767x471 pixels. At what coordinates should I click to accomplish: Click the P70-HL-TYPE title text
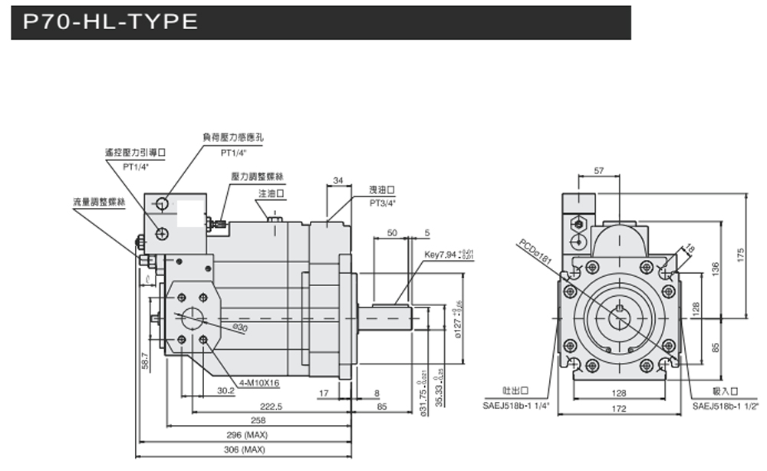point(110,22)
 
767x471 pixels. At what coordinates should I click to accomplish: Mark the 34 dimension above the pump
point(338,180)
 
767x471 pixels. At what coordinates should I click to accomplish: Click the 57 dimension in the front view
point(600,172)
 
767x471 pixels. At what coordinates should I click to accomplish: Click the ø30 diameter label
point(242,328)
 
